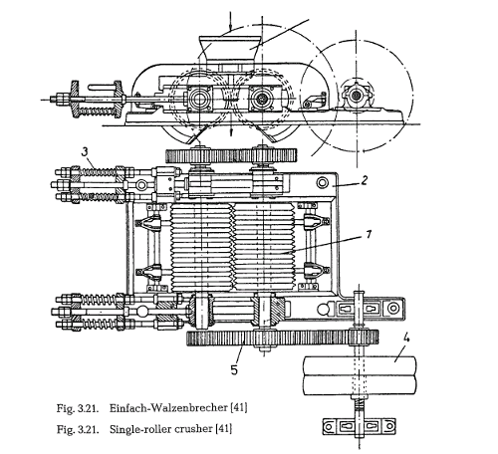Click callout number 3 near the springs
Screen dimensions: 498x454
[x=85, y=151]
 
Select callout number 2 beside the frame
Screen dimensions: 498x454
[x=365, y=180]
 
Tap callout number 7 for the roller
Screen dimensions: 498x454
[x=369, y=234]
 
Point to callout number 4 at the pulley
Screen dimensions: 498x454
[x=406, y=339]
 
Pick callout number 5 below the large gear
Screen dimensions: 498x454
[x=234, y=369]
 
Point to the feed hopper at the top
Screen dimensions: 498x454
[x=229, y=48]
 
